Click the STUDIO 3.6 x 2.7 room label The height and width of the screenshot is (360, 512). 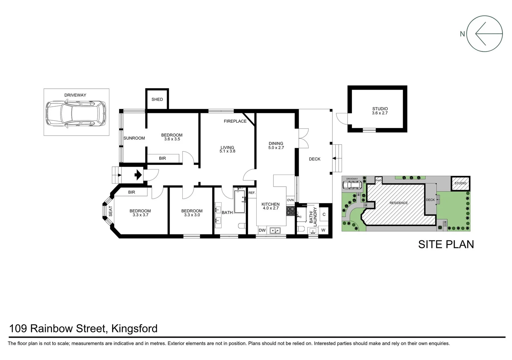point(380,111)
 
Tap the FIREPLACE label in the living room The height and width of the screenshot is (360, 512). point(235,121)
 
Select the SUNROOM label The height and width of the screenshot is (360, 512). point(134,138)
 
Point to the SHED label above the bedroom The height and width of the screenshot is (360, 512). point(157,99)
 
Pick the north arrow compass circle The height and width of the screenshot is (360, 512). point(484,34)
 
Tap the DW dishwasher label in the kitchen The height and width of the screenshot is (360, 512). point(262,230)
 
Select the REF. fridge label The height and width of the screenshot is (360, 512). point(252,193)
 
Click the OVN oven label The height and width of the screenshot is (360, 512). point(290,200)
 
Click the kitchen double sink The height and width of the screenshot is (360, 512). point(275,230)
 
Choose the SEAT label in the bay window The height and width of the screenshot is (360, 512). point(111,211)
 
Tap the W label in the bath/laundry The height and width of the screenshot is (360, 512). point(323,230)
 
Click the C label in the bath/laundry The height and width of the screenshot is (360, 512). point(324,214)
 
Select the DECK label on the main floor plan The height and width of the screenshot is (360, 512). point(314,159)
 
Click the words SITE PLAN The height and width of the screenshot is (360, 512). point(446,244)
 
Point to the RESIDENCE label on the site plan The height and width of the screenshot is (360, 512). point(398,203)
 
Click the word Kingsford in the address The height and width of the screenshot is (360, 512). point(134,329)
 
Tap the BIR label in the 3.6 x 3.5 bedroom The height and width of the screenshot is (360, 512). point(162,158)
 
